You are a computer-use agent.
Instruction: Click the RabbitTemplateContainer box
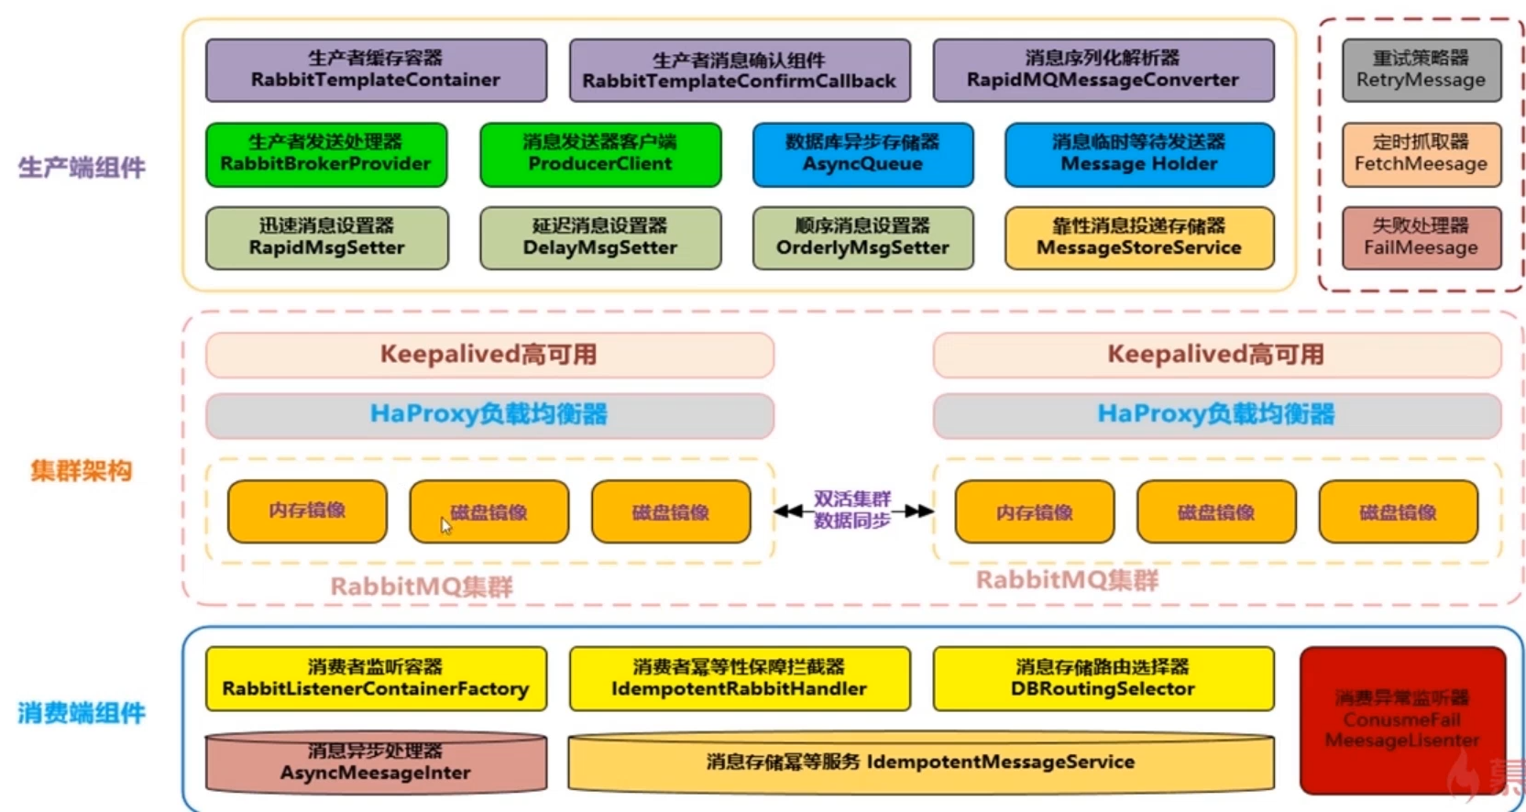[376, 70]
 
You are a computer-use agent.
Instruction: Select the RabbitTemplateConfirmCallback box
[740, 70]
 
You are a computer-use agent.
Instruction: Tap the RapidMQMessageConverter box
[1103, 70]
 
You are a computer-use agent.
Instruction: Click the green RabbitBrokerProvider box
[326, 154]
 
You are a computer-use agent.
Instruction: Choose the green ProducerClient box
[600, 154]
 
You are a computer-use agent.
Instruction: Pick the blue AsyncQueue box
[862, 154]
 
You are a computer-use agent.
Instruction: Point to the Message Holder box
[1139, 154]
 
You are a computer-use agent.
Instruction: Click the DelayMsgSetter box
[600, 238]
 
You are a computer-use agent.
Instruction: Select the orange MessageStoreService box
[1139, 238]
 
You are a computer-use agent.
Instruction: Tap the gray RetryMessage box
[1421, 70]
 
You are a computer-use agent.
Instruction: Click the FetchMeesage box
[1421, 154]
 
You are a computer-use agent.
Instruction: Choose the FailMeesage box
[1421, 238]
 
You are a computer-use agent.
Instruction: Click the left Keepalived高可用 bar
[489, 355]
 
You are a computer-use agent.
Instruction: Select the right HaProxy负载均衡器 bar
[1216, 415]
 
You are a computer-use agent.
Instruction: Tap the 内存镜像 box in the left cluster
[307, 510]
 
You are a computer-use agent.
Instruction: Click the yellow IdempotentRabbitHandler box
[740, 679]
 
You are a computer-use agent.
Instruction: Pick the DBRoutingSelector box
[1103, 679]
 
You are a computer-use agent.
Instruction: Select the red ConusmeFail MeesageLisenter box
[1402, 719]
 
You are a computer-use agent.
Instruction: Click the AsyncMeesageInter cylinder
[376, 763]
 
